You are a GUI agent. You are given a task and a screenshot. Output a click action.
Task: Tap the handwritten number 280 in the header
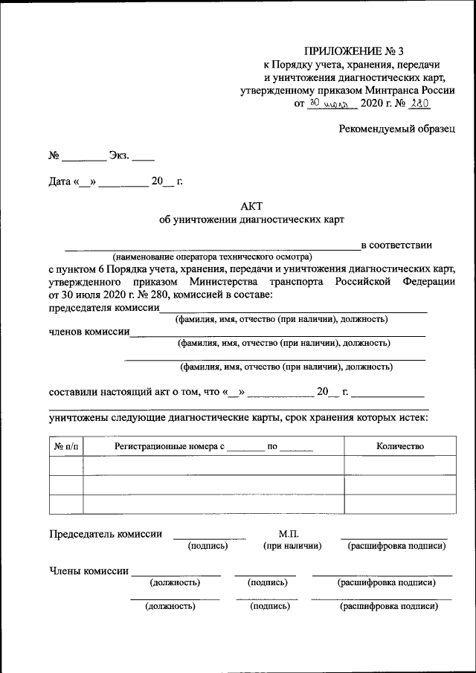[x=421, y=103]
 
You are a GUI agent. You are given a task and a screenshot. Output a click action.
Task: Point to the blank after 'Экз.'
[x=144, y=156]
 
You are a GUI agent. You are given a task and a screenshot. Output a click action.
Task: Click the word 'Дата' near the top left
[x=59, y=181]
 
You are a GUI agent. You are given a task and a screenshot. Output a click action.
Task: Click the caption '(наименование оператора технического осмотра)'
[x=207, y=255]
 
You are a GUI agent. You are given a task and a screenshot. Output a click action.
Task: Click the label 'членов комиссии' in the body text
[x=89, y=332]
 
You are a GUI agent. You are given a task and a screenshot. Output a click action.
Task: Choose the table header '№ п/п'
[x=65, y=446]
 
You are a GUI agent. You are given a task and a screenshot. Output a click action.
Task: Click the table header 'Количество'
[x=400, y=446]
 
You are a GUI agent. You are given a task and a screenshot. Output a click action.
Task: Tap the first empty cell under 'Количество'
[x=400, y=466]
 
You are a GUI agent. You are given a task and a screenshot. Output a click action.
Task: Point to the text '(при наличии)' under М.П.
[x=292, y=546]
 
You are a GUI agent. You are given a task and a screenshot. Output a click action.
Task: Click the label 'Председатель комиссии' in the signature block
[x=105, y=534]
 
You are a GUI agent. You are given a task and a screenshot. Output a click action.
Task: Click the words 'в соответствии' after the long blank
[x=396, y=245]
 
